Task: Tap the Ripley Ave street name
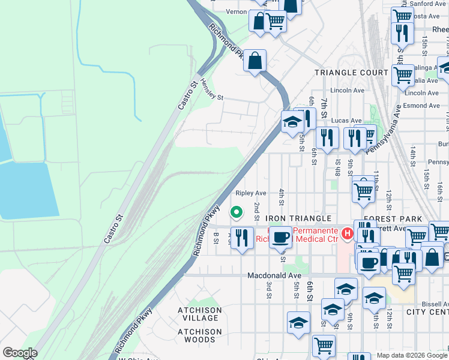coord(251,193)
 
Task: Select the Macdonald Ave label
coord(274,275)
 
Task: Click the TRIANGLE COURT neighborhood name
coord(352,72)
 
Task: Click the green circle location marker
coord(237,211)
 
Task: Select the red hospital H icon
coord(346,233)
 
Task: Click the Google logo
coord(20,353)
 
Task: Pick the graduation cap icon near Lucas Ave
coord(292,122)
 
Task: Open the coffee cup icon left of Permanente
coord(280,236)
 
